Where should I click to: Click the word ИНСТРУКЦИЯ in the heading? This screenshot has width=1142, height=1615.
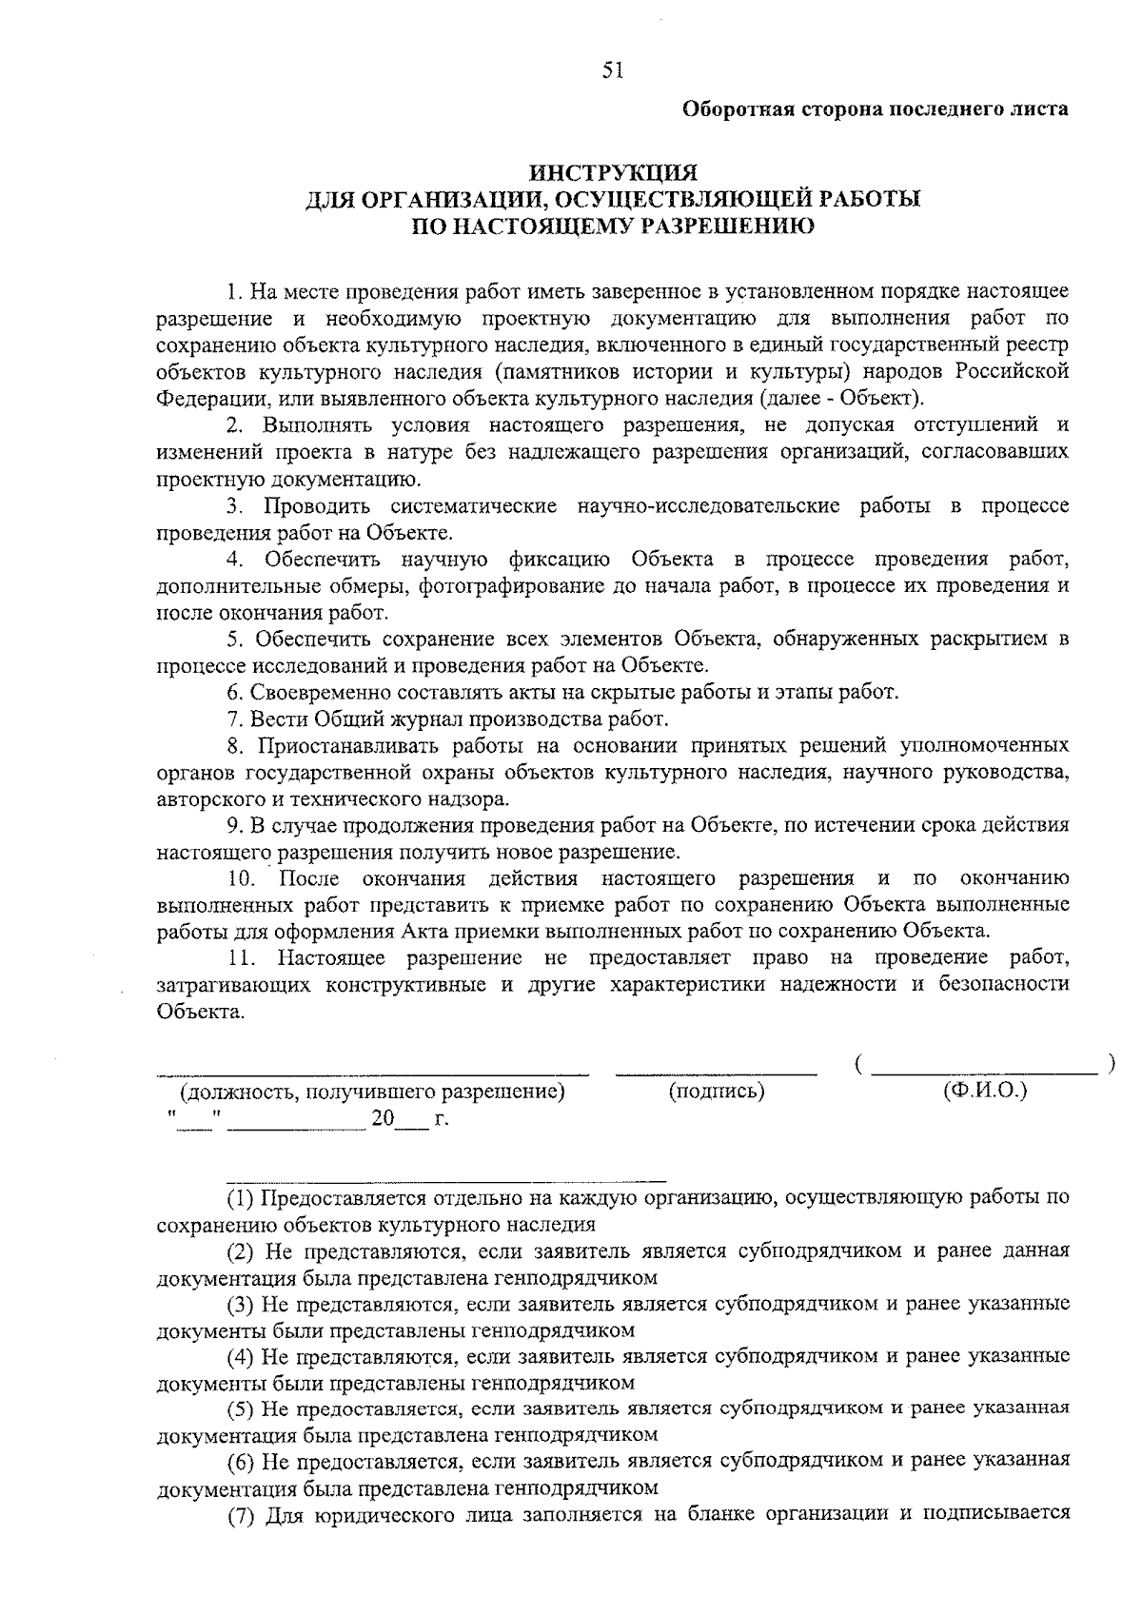[x=614, y=173]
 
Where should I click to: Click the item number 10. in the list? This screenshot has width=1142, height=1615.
[x=241, y=877]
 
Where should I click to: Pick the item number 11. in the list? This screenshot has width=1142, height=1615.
[x=240, y=956]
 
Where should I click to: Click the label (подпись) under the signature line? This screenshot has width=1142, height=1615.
[x=717, y=1092]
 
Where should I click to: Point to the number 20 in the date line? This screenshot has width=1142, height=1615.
[x=383, y=1119]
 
